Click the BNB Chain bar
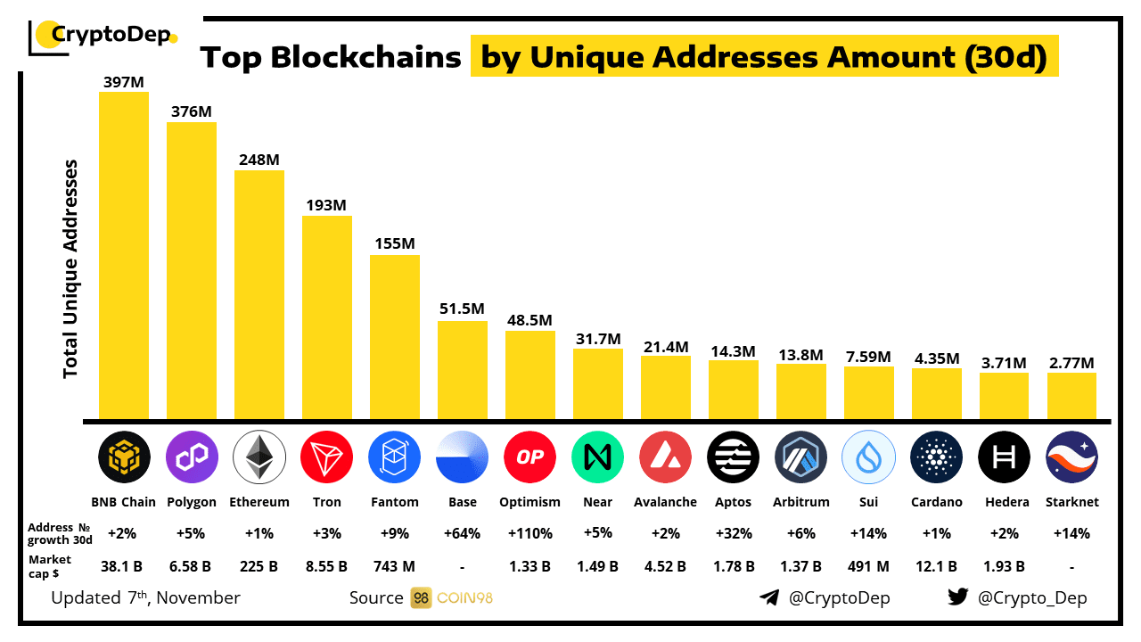(x=124, y=255)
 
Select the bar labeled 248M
(x=259, y=294)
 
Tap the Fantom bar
(x=395, y=337)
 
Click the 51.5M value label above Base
(x=462, y=309)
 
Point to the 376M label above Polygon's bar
(x=192, y=111)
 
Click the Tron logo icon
(x=327, y=457)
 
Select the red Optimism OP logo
(x=530, y=457)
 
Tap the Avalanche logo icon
(x=665, y=457)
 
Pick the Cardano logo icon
(x=936, y=457)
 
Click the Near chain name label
(x=597, y=502)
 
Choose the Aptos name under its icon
(x=733, y=502)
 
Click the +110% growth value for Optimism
(x=530, y=533)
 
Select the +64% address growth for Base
(x=462, y=533)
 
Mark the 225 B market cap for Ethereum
(x=259, y=565)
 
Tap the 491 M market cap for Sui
(x=868, y=565)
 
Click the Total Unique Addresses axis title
(x=71, y=269)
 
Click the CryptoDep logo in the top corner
(x=103, y=36)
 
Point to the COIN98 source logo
(x=452, y=597)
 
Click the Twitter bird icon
(x=958, y=597)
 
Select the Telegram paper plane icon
(x=769, y=597)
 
